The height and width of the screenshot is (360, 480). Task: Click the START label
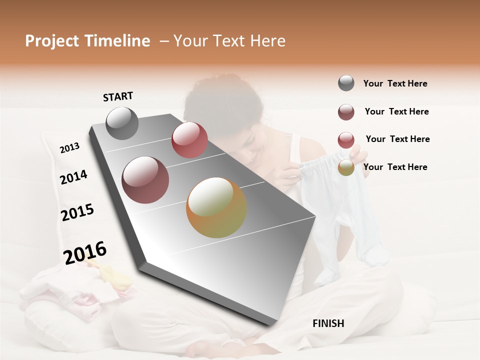coord(118,96)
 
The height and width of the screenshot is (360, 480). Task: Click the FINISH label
coord(328,323)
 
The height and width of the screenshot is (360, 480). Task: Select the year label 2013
coord(69,148)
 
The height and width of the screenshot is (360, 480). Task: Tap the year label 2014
coord(73,177)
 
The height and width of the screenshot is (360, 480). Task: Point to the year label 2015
coord(77,213)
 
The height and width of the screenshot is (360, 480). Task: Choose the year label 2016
coord(85,253)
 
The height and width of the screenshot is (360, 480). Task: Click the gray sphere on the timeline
coord(122,123)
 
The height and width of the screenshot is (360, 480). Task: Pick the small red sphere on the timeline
coord(189,140)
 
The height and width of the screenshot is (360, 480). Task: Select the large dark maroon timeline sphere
coord(145,180)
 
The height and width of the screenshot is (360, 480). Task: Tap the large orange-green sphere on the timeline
coord(216,207)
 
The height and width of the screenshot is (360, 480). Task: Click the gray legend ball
coord(346,83)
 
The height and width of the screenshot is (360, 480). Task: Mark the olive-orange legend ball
coord(346,167)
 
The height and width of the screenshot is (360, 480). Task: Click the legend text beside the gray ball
coord(395,84)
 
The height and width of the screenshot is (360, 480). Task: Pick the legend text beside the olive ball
coord(395,167)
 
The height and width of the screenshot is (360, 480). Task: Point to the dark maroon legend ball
coord(346,112)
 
